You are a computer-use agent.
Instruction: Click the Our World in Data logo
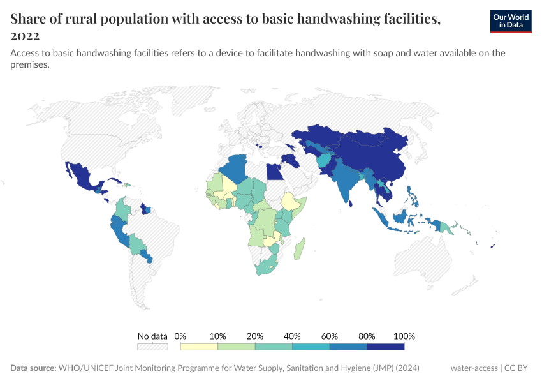point(510,21)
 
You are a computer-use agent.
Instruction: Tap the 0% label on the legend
point(180,336)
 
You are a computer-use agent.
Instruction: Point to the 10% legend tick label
point(218,336)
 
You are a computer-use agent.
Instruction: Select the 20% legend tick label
point(255,336)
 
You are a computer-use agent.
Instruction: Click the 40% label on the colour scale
point(293,336)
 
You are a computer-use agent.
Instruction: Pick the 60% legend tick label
point(330,336)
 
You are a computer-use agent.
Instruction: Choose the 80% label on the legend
point(367,336)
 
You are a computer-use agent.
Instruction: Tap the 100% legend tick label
point(404,336)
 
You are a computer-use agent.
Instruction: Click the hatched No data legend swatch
point(152,347)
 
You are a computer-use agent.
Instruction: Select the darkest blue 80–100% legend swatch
point(386,347)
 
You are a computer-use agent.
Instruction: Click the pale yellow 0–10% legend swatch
point(199,347)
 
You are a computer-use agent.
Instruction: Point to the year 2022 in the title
point(25,36)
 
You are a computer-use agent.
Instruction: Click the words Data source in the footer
point(33,368)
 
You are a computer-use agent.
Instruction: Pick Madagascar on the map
point(299,248)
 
